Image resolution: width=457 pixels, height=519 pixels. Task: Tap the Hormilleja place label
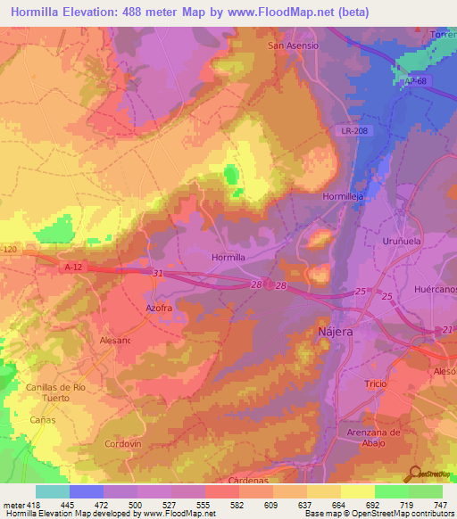[344, 196]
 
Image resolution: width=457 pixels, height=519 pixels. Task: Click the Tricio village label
[377, 383]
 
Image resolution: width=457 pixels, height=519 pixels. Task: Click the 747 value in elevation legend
[442, 506]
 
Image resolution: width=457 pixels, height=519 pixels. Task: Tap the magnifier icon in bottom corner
[415, 474]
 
